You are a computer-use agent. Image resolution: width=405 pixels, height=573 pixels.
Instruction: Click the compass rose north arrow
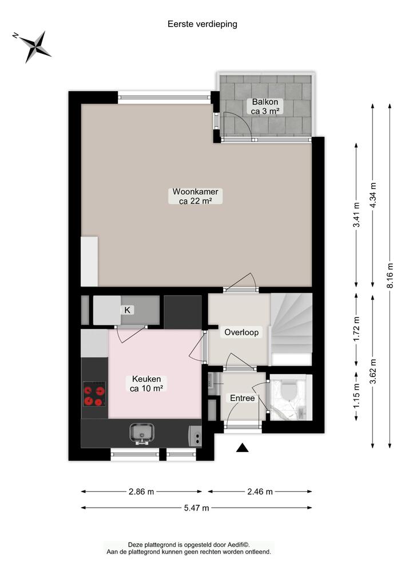point(31,46)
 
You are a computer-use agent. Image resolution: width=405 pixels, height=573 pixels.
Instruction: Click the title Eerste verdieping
point(202,24)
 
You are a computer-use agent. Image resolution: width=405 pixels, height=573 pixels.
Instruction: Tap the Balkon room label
point(265,107)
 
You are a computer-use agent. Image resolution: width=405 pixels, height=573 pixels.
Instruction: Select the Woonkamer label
point(196,196)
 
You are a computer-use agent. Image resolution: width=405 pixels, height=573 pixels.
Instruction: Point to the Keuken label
point(146,384)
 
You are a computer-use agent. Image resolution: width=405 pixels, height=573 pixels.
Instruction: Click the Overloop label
point(241,332)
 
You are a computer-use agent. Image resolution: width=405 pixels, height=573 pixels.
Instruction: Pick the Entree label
point(243,398)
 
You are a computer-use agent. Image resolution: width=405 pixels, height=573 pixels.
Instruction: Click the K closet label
point(128,310)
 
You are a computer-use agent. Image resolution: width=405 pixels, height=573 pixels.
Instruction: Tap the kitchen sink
point(142,433)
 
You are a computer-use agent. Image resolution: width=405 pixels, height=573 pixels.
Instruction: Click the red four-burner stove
point(94,394)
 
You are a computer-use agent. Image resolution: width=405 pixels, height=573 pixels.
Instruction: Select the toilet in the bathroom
point(289,390)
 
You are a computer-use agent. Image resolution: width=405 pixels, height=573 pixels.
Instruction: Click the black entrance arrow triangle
point(243,448)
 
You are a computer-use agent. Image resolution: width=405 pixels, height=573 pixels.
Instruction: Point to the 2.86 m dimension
point(141,492)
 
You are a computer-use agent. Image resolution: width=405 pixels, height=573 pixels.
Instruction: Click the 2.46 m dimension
point(260,492)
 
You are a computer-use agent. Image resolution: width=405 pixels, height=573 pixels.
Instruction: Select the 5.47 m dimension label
point(197,508)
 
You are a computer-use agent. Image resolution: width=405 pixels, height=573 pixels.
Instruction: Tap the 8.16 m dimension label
point(390,276)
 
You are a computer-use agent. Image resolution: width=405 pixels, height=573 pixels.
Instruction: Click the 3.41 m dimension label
point(356,214)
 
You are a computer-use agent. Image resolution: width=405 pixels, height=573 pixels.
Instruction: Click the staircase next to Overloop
point(292,329)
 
